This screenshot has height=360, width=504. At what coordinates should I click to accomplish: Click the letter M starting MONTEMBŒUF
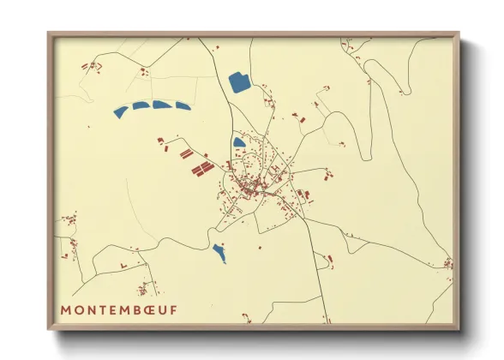click(x=66, y=309)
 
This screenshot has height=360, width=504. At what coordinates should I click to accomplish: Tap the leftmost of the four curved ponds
click(x=121, y=111)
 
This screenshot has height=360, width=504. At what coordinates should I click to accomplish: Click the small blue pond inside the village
click(x=238, y=143)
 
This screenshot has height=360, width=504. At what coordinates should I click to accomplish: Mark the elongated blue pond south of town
click(x=219, y=253)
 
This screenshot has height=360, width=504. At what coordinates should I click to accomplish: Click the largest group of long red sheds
click(x=201, y=169)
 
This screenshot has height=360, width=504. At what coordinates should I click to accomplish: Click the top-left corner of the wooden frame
click(x=49, y=34)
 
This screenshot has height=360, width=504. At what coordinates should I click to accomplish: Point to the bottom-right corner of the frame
click(x=459, y=328)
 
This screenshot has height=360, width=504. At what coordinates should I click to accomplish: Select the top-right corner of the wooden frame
click(x=459, y=34)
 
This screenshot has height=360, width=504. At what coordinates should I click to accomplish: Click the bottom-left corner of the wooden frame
click(x=49, y=328)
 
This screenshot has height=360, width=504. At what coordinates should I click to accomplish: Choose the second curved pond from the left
click(x=141, y=105)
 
